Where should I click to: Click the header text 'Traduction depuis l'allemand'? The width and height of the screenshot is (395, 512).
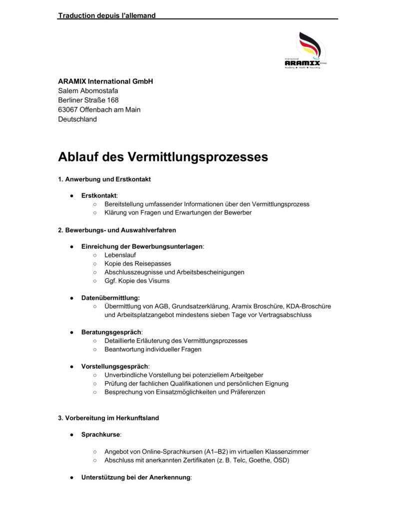(107, 15)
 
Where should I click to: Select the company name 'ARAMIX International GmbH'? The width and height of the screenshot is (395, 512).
(105, 81)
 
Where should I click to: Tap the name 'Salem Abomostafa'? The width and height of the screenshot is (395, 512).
(88, 90)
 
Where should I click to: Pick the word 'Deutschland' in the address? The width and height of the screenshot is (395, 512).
(77, 119)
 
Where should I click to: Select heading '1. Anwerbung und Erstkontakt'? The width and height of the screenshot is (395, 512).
(104, 178)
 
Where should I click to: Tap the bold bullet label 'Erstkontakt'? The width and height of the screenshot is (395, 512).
(98, 195)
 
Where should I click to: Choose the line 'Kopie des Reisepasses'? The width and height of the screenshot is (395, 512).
(138, 263)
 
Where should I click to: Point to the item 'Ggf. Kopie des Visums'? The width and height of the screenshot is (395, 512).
(137, 280)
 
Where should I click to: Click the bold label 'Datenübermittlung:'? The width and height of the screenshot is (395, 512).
(110, 298)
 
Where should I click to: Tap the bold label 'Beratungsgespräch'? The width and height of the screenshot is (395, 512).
(111, 332)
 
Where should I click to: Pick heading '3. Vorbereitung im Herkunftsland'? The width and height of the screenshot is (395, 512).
(108, 418)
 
